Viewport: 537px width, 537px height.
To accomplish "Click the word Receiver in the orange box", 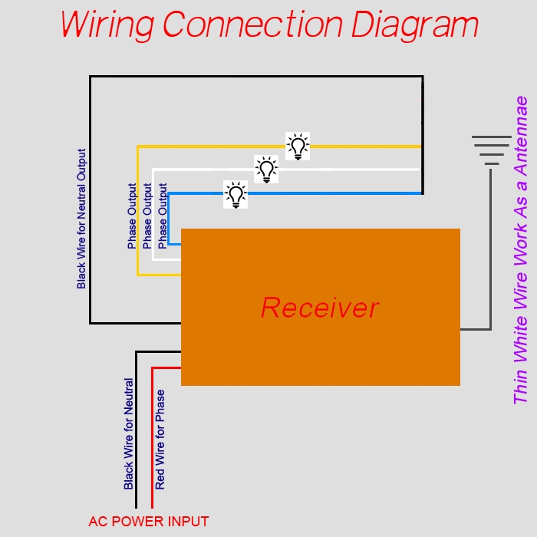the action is pyautogui.click(x=320, y=308).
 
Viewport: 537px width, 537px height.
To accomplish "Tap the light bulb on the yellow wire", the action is pyautogui.click(x=298, y=147).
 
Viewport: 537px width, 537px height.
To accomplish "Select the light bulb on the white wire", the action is pyautogui.click(x=266, y=170).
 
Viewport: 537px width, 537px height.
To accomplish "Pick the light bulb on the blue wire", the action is pyautogui.click(x=236, y=194).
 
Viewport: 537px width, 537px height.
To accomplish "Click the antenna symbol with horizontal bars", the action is pyautogui.click(x=492, y=150).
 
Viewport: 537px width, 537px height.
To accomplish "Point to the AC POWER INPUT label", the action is pyautogui.click(x=149, y=522).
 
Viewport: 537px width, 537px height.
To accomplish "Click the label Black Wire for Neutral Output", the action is pyautogui.click(x=81, y=219).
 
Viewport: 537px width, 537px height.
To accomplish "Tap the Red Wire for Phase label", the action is pyautogui.click(x=160, y=440).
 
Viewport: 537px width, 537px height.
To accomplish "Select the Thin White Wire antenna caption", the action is pyautogui.click(x=521, y=250).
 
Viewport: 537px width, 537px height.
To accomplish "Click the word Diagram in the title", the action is pyautogui.click(x=415, y=25).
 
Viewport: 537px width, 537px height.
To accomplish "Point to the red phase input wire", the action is pyautogui.click(x=153, y=434).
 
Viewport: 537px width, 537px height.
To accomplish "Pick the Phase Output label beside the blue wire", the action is pyautogui.click(x=163, y=216).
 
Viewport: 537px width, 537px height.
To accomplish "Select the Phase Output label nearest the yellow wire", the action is pyautogui.click(x=132, y=216).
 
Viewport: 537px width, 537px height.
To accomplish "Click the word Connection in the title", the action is pyautogui.click(x=252, y=25).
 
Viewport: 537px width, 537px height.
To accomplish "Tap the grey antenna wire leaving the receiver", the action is pyautogui.click(x=490, y=251).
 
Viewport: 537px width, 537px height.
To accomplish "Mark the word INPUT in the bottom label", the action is pyautogui.click(x=187, y=522).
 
